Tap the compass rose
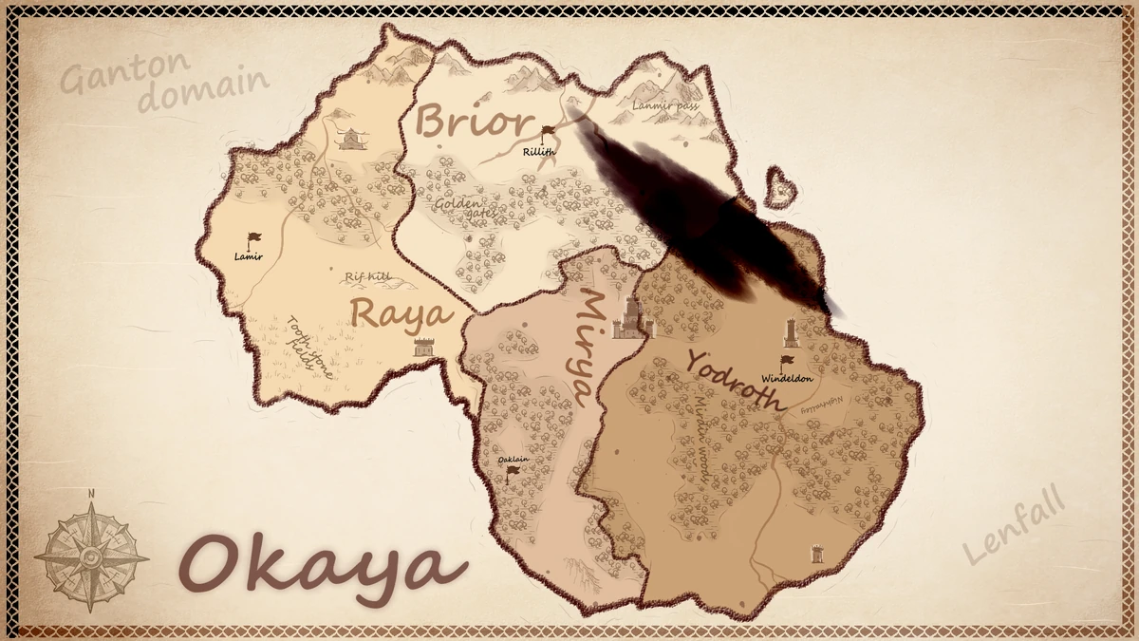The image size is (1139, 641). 91,556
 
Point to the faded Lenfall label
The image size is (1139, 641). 1014,527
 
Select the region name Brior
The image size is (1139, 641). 472,123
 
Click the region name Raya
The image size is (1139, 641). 400,312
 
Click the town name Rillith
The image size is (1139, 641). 538,151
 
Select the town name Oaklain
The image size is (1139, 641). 514,461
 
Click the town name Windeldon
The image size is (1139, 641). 788,379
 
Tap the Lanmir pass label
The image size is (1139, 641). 665,106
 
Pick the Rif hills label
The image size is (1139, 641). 368,276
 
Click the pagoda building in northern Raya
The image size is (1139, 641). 351,140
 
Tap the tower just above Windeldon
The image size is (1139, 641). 791,332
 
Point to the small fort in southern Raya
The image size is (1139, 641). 423,348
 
